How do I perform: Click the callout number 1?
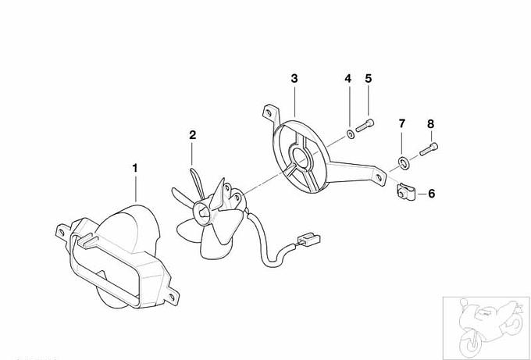[x=135, y=168]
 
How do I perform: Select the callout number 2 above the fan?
[x=192, y=135]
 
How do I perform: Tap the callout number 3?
[x=294, y=79]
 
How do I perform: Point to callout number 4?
[x=347, y=79]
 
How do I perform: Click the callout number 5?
[x=369, y=79]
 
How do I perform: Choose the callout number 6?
[x=431, y=194]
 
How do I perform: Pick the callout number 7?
[x=402, y=123]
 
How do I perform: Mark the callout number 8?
[x=430, y=124]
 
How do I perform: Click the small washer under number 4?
[x=351, y=134]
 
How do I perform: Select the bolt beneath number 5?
[x=365, y=125]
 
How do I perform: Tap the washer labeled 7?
[x=404, y=163]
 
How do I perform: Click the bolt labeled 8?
[x=429, y=149]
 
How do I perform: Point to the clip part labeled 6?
[x=405, y=191]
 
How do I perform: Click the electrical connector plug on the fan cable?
[x=308, y=240]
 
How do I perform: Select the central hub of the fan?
[x=202, y=212]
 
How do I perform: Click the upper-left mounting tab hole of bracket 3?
[x=269, y=112]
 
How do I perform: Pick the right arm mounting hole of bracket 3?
[x=379, y=176]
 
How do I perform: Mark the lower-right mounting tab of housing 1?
[x=172, y=296]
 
